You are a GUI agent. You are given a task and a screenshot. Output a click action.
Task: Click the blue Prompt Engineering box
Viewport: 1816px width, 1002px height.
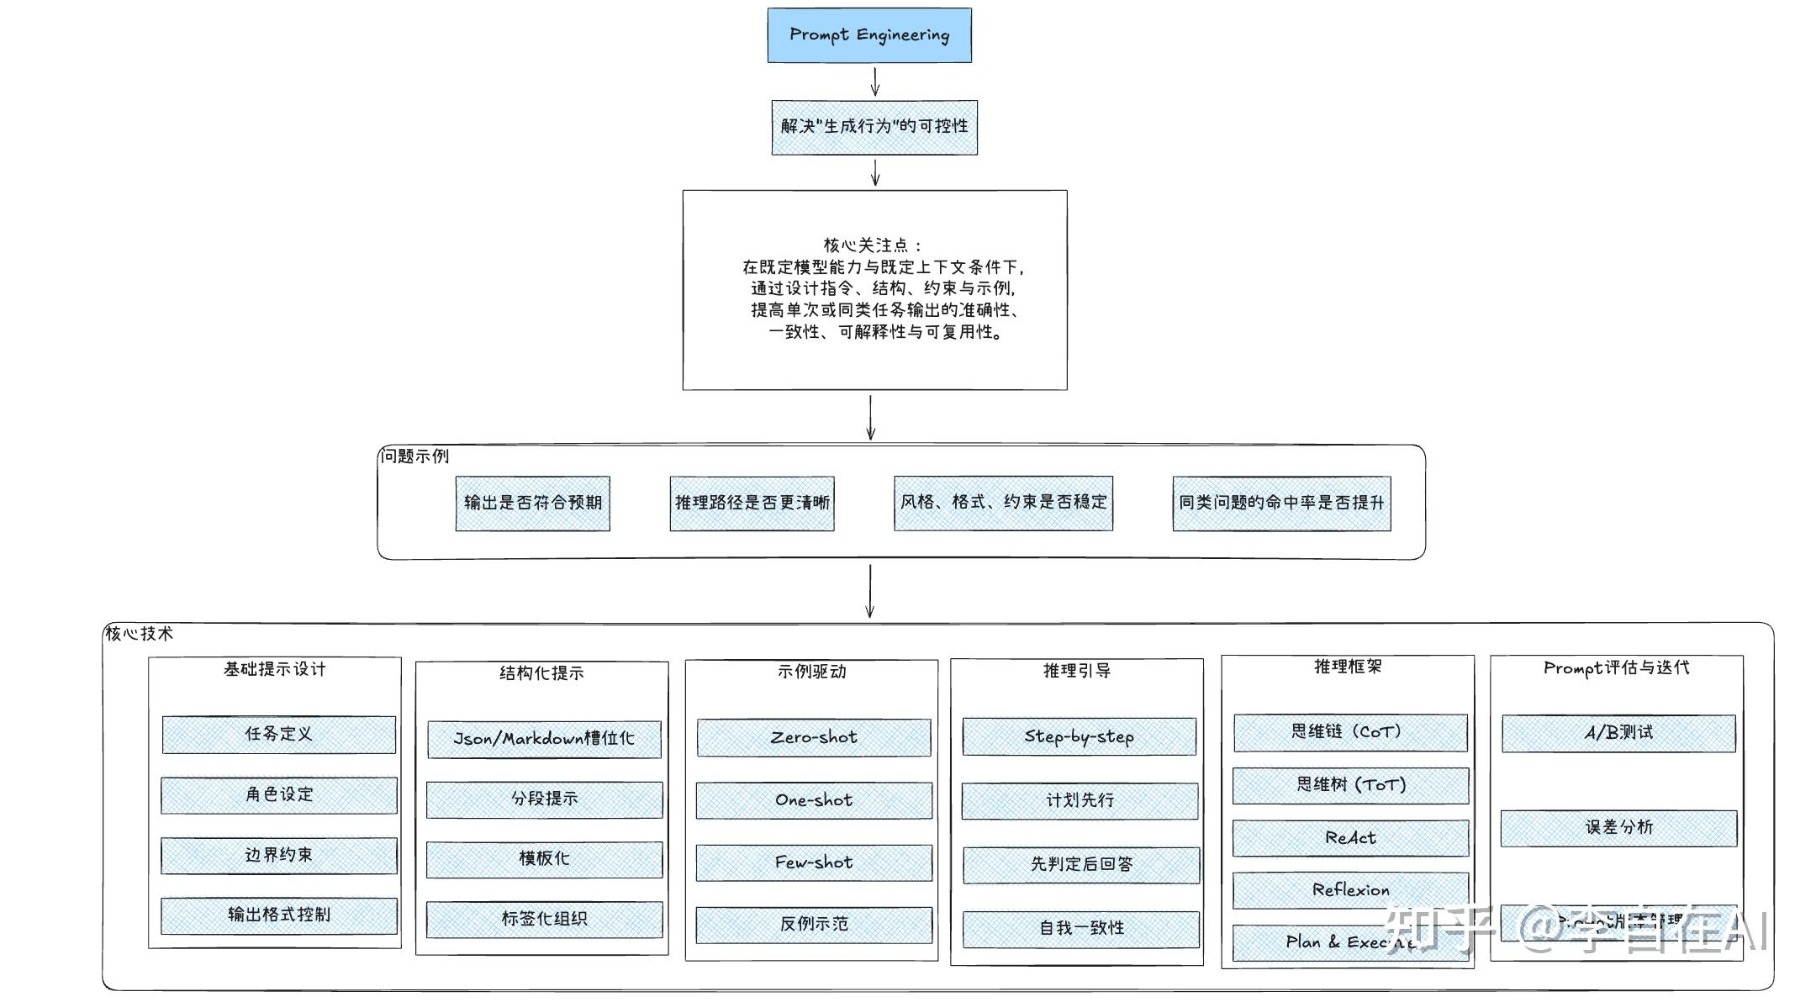(x=869, y=35)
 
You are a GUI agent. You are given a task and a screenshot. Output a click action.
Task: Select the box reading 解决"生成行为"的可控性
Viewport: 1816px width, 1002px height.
(x=874, y=127)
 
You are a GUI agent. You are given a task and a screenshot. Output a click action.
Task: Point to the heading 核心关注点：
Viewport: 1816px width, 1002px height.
(x=873, y=245)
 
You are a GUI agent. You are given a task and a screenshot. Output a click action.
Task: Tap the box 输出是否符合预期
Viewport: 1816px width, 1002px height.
(x=532, y=503)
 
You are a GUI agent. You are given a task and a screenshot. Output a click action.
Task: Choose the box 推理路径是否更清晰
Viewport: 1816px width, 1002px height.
(x=752, y=503)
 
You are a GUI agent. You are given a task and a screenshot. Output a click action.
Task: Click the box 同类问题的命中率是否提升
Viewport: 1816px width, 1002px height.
(x=1281, y=503)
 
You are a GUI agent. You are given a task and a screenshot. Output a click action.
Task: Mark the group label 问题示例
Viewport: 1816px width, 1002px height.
(x=414, y=456)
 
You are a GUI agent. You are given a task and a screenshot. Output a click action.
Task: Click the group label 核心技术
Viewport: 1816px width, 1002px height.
(x=139, y=634)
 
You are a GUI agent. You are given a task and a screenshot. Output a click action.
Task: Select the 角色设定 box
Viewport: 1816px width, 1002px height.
(x=278, y=794)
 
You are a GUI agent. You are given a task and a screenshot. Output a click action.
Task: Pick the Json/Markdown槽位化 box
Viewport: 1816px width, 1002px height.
(x=544, y=739)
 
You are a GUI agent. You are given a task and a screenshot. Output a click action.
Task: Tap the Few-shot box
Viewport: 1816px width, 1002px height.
(x=814, y=862)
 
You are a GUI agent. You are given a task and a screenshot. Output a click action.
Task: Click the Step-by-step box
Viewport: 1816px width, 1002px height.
(x=1079, y=736)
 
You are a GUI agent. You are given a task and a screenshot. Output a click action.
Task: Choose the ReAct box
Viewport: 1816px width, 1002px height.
(x=1350, y=838)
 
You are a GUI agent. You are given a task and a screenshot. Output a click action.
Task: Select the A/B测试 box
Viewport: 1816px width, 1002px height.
(x=1618, y=733)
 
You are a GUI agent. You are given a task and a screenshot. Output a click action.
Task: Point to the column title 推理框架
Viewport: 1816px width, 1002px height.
(x=1347, y=667)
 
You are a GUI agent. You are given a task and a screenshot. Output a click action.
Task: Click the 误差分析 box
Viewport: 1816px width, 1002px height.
(x=1618, y=828)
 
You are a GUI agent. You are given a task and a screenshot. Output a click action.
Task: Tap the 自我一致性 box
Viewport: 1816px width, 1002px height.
(x=1081, y=929)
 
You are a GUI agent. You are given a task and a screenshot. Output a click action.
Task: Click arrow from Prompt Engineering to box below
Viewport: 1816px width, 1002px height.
(x=875, y=82)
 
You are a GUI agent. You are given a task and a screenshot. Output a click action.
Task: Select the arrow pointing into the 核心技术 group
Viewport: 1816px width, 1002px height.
(x=870, y=591)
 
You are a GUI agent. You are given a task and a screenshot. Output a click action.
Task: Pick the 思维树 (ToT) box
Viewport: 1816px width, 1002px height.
(x=1350, y=785)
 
